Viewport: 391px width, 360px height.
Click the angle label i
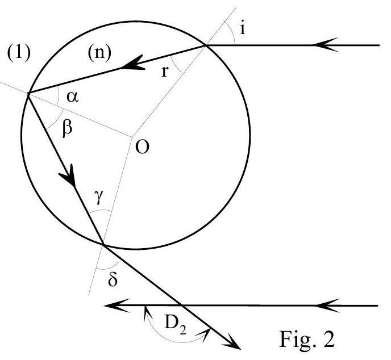point(242,28)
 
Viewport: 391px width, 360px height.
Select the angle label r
point(165,72)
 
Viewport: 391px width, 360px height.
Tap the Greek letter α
point(73,97)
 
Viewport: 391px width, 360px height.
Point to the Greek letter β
point(68,128)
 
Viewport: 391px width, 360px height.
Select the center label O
point(142,146)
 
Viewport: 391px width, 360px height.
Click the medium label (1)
point(19,53)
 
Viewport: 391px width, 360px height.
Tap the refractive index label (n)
point(99,53)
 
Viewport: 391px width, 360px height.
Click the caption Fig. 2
point(307,339)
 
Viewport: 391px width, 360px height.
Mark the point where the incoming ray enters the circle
point(206,45)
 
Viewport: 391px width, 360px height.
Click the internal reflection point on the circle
point(28,93)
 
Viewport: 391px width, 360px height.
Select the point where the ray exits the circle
point(103,245)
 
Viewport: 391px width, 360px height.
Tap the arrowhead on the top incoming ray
point(326,45)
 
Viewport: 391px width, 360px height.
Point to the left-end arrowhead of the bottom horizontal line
point(117,305)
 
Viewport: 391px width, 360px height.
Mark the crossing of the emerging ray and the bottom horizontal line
point(181,305)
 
